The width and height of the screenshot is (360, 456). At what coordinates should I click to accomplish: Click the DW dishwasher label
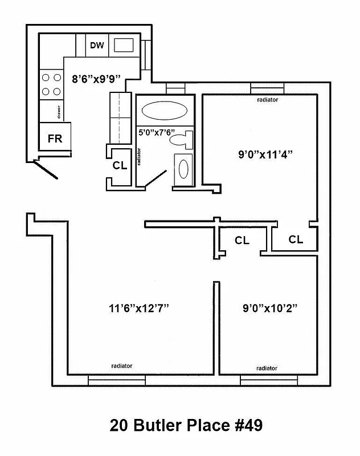click(97, 46)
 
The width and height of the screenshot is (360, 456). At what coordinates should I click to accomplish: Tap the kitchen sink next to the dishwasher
click(124, 45)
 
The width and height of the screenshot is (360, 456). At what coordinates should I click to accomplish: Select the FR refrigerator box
click(55, 139)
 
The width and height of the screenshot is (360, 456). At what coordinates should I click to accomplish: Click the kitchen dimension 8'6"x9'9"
click(96, 79)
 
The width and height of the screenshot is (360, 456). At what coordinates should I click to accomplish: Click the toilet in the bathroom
click(183, 139)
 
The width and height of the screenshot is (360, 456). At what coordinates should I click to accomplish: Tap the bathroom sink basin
click(184, 169)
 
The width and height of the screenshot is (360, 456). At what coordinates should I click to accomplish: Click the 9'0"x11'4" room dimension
click(260, 154)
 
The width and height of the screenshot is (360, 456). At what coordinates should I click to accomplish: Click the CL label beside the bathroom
click(120, 166)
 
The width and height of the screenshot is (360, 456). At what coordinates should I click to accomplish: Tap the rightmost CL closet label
click(296, 239)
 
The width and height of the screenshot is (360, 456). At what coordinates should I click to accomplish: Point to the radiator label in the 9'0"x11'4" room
click(267, 99)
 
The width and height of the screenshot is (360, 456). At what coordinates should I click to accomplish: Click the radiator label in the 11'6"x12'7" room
click(122, 365)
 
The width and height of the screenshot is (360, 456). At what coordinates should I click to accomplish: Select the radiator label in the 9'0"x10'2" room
click(267, 368)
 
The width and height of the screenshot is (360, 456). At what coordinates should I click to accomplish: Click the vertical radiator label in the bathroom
click(140, 157)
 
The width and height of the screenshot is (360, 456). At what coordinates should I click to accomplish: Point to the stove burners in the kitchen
click(50, 84)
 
